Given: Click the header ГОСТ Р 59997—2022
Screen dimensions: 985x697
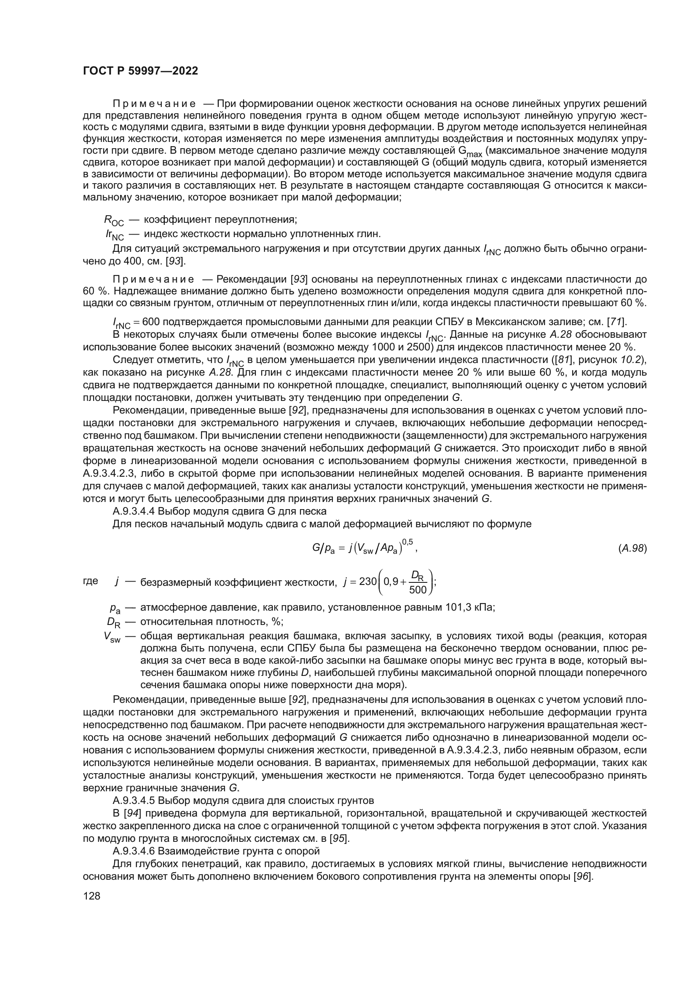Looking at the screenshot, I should click(x=140, y=71).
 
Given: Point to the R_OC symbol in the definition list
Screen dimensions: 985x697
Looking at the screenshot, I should click(x=114, y=221).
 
